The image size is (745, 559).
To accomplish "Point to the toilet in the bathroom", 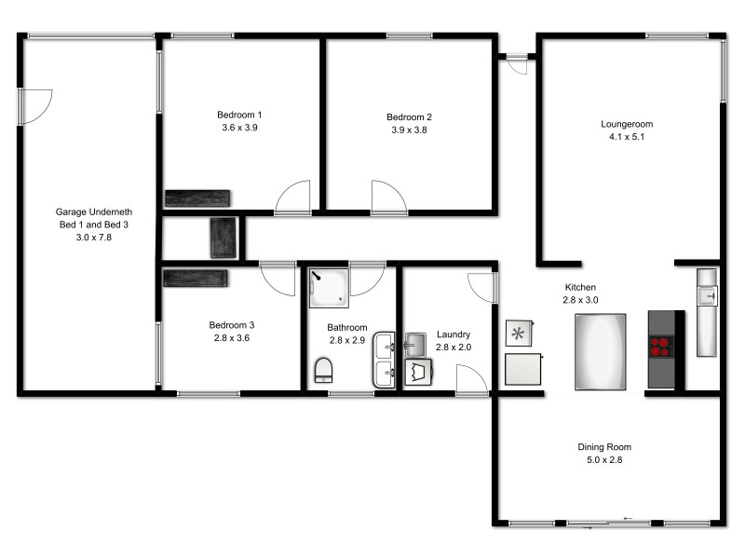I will [x=324, y=371].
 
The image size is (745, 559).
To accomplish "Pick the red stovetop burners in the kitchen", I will [x=662, y=346].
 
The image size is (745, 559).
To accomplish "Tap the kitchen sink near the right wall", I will [x=708, y=295].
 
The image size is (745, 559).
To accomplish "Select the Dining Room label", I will [x=604, y=447].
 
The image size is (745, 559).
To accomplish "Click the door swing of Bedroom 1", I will [x=293, y=196].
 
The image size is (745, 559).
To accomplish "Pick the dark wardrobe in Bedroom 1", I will [x=196, y=198].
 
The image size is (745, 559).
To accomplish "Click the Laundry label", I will [x=454, y=334].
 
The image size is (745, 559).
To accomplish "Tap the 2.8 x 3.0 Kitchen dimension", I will [x=580, y=300].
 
